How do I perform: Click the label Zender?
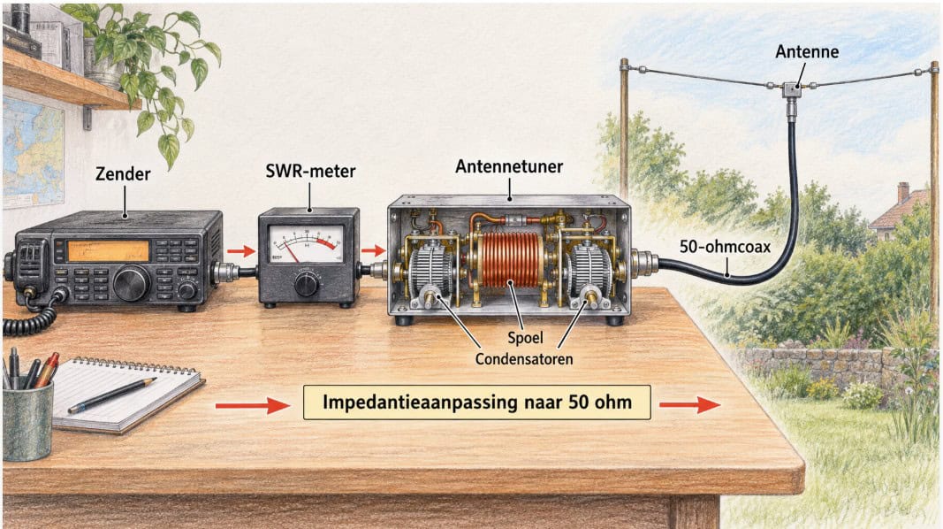pos(123,174)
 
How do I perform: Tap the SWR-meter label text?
pos(310,171)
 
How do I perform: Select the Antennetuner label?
pos(509,166)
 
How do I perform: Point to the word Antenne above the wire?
pos(807,52)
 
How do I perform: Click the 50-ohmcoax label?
pos(725,246)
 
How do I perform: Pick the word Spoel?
pos(525,338)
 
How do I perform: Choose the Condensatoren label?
pos(524,359)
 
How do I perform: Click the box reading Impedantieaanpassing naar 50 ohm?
pos(476,402)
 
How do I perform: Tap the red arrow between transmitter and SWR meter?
pos(241,251)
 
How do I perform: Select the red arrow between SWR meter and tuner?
pos(373,250)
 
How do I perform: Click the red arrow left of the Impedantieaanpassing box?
pos(253,406)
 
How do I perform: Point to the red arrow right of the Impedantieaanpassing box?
pos(690,405)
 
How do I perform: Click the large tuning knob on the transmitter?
pos(131,283)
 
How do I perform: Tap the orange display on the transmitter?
pos(108,251)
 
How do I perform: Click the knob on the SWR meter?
pos(306,283)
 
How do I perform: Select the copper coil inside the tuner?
pos(512,259)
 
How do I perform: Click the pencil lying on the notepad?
pos(112,395)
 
